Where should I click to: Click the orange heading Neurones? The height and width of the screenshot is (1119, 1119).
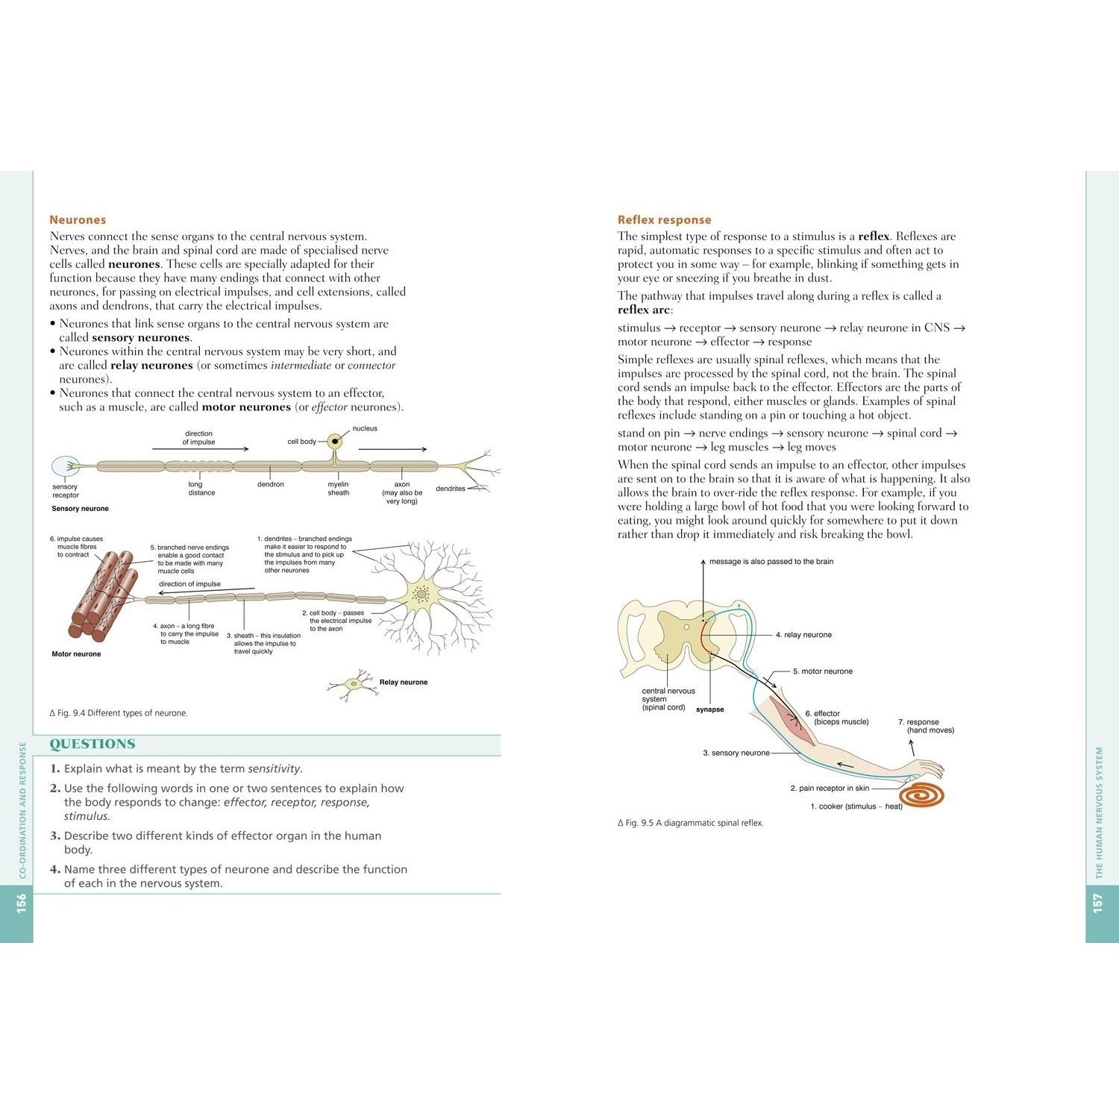78,220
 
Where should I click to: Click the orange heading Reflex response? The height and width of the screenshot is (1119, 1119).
664,220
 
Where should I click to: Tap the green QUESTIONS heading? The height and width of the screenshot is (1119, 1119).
93,744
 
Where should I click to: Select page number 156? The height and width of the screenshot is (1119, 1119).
21,903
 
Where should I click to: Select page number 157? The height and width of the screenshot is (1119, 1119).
1097,903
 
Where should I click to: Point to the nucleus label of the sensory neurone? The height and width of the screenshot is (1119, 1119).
365,428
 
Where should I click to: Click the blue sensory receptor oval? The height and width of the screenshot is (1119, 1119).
65,467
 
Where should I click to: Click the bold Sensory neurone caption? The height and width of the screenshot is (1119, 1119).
80,509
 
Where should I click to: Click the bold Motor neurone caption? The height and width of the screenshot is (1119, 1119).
76,654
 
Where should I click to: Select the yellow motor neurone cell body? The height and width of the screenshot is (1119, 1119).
421,595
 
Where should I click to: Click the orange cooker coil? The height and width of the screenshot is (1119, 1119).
922,794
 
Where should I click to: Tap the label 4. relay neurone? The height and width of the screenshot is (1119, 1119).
803,635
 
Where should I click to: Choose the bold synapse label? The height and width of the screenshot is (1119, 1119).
709,709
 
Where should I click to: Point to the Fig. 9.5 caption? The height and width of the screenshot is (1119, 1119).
691,823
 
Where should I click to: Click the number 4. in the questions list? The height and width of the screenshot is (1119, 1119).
54,869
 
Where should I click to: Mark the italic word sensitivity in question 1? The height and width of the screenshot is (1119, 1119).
275,768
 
